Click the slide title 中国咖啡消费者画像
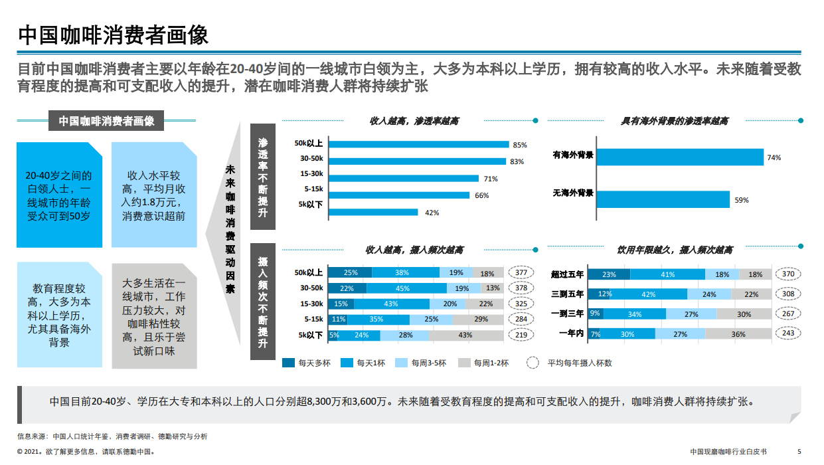(x=114, y=35)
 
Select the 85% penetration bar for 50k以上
(x=418, y=144)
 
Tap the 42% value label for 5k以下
(x=432, y=213)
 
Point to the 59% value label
(x=741, y=200)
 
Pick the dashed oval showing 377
(x=521, y=272)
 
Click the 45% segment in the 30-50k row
(x=402, y=288)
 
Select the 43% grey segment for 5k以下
(x=465, y=335)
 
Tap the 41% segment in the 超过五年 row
(x=667, y=274)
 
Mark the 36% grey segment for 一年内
(x=738, y=334)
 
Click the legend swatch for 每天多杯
(x=288, y=363)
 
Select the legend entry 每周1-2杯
(x=492, y=363)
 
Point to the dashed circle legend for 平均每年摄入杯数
(x=532, y=363)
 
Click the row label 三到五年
(x=567, y=294)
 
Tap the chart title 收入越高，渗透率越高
(x=414, y=121)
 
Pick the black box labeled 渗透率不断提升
(x=263, y=177)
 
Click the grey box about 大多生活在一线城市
(x=154, y=316)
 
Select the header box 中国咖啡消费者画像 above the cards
(x=106, y=121)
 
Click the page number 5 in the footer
(x=799, y=451)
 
